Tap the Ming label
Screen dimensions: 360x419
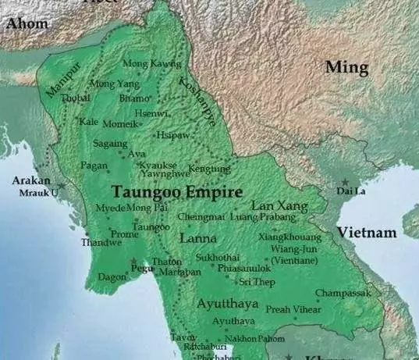346,68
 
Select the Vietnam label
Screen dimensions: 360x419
367,233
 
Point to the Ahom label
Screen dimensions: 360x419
27,23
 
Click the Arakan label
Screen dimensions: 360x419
31,180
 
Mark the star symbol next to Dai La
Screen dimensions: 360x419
344,181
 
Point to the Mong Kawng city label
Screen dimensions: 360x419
151,63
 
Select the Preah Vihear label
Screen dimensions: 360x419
293,309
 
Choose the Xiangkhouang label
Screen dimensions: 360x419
289,236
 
